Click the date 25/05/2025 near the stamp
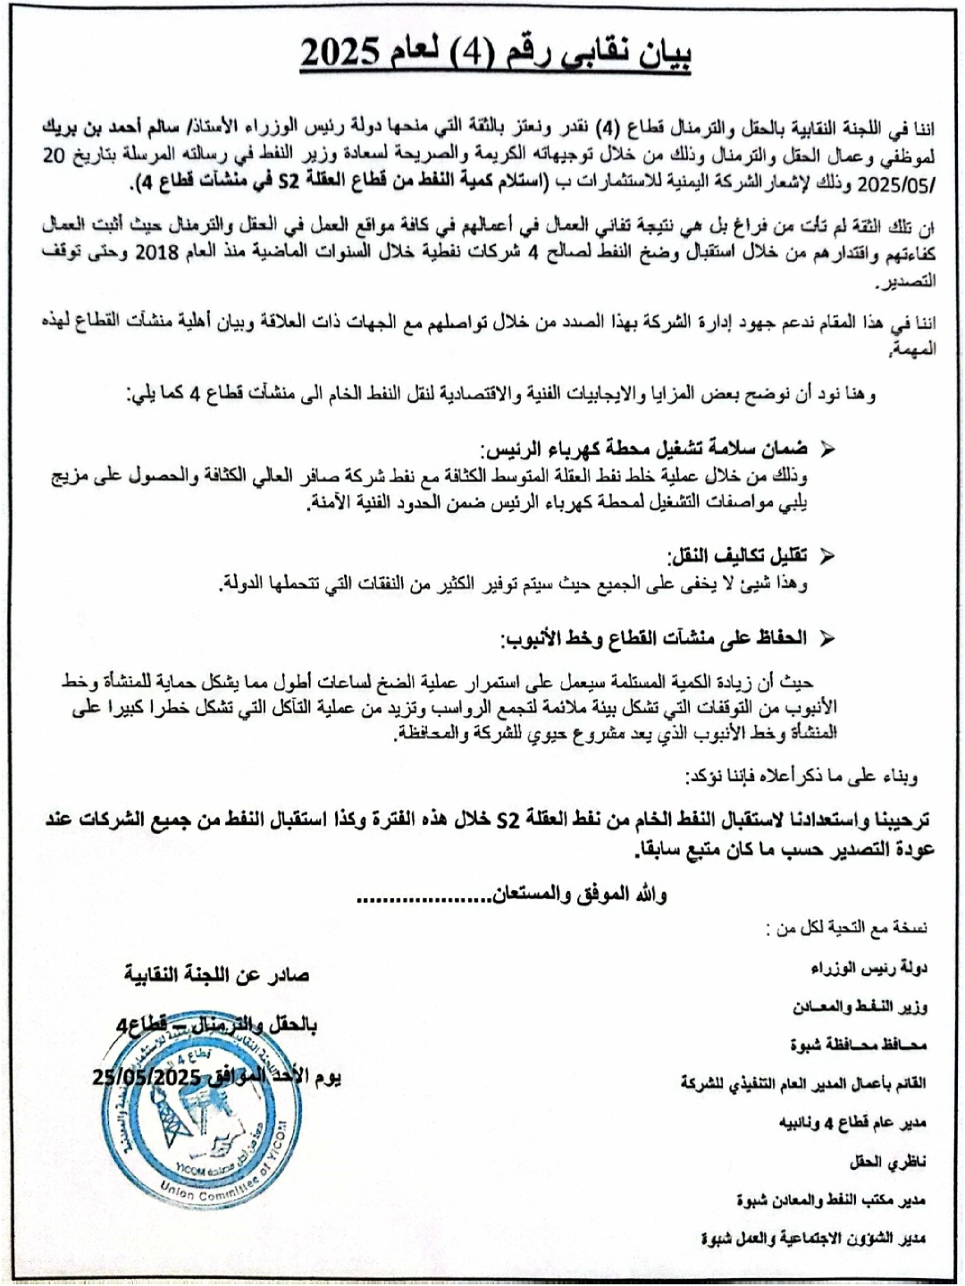point(147,1078)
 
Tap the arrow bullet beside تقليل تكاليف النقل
point(827,556)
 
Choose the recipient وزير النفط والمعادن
point(860,1007)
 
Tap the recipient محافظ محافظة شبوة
point(858,1045)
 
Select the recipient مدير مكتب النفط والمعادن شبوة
point(831,1200)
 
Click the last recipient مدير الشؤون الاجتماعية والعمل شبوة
point(813,1239)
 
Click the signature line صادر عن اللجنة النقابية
point(217,975)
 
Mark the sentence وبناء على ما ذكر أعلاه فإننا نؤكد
point(801,776)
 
